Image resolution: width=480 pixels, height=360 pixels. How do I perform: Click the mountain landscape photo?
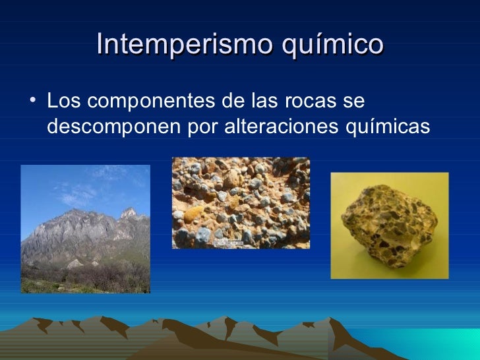tap(85, 228)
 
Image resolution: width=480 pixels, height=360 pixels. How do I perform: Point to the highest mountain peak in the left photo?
tap(129, 213)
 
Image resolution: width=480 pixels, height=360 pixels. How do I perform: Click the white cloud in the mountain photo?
tap(79, 191)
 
